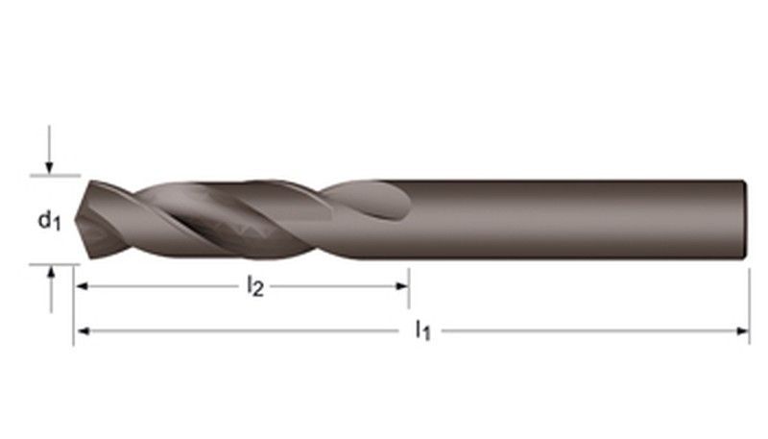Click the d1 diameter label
49,221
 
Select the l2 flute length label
254,285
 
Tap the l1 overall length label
422,331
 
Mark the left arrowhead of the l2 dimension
83,285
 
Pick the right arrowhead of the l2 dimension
403,285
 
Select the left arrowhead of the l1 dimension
83,331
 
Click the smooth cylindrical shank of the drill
576,219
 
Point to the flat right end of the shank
745,219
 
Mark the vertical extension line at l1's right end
749,307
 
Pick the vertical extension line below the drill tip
73,307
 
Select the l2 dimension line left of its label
163,285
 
